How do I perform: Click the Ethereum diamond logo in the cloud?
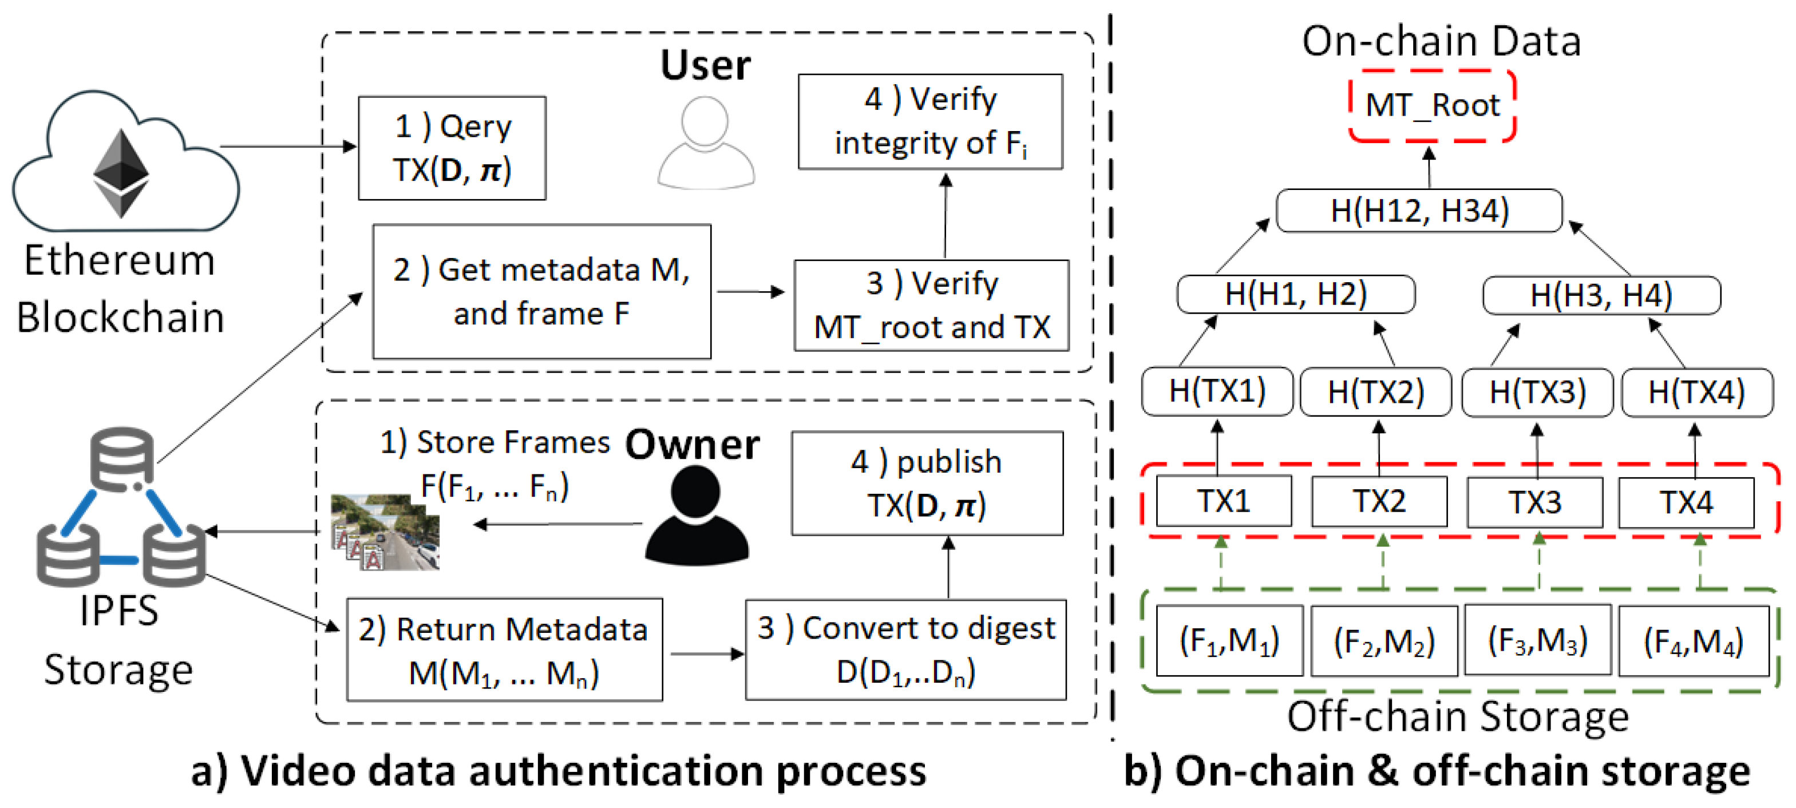[121, 172]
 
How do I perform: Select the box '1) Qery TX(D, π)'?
[452, 148]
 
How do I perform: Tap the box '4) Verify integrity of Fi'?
[930, 121]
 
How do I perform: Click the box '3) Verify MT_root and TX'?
[931, 306]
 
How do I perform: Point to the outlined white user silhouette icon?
[705, 143]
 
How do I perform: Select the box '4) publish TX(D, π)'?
[927, 483]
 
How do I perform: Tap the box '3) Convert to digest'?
[905, 649]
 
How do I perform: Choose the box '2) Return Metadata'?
[504, 649]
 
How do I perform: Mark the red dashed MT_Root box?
[1431, 106]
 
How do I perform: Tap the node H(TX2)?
[1375, 392]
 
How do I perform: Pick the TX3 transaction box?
[1534, 502]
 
